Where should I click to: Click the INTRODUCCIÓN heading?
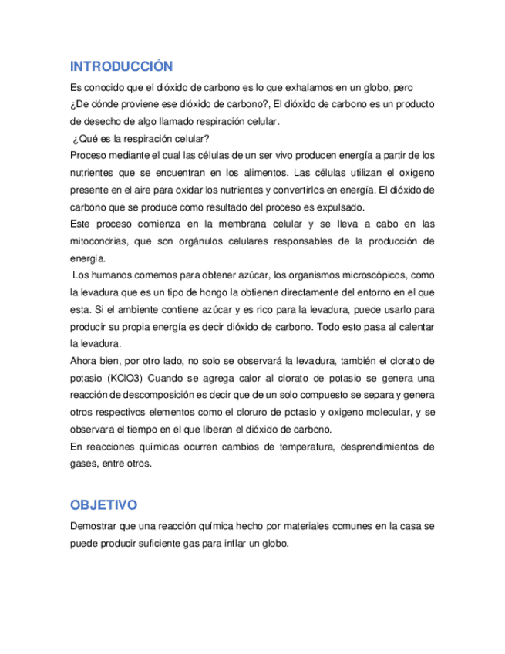tap(121, 66)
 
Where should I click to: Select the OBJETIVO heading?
tap(103, 505)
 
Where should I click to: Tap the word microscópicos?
tap(369, 275)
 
